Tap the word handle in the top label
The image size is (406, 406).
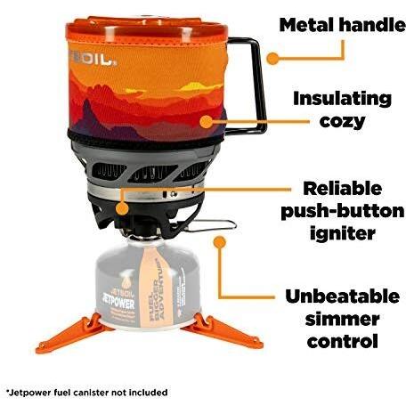pos(372,25)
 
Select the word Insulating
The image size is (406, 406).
pos(343,99)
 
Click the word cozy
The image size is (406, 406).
pos(343,121)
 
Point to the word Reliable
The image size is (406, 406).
pos(343,188)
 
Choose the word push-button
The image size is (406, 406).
pos(343,211)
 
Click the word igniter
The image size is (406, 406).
pos(343,233)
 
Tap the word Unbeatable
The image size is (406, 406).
pos(343,296)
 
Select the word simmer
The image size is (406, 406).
pos(343,319)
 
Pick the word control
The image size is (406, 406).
pos(343,341)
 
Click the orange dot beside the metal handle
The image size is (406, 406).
pos(272,59)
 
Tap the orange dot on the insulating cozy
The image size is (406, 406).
pos(207,122)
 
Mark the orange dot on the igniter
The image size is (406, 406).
pos(122,208)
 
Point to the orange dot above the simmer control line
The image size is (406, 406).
pos(220,242)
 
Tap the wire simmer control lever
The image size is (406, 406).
pos(211,225)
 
